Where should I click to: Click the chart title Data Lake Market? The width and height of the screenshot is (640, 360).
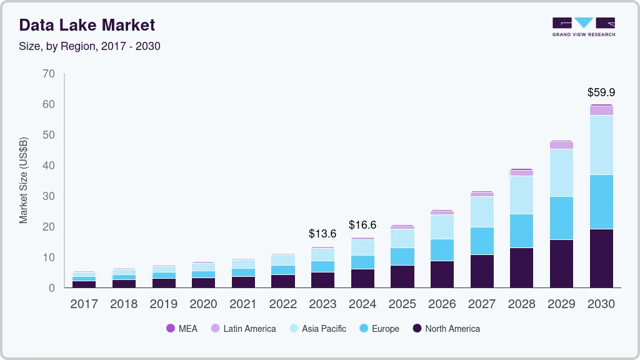(87, 25)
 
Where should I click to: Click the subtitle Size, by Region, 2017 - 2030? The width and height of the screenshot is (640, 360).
(89, 46)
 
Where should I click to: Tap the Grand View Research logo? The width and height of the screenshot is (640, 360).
(583, 26)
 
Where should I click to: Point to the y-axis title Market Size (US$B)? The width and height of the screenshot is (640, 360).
(24, 180)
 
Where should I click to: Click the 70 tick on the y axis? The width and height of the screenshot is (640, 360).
(48, 74)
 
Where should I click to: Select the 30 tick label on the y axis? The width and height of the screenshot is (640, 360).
(48, 196)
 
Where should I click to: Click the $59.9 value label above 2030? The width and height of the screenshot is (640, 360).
(601, 92)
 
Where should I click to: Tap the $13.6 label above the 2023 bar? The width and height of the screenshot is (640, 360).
(322, 234)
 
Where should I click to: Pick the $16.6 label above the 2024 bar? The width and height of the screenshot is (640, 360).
(362, 224)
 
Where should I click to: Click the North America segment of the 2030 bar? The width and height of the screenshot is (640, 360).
(601, 258)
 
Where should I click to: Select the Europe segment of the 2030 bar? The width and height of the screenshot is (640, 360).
(601, 202)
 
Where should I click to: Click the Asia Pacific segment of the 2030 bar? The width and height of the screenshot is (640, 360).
(601, 145)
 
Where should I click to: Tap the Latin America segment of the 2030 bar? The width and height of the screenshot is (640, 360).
(601, 111)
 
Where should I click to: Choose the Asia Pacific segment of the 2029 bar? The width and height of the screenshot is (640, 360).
(561, 172)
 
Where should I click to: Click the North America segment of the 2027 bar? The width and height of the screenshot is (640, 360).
(482, 271)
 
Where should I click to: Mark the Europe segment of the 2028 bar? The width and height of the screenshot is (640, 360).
(521, 231)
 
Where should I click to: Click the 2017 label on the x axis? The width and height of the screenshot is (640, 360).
(84, 304)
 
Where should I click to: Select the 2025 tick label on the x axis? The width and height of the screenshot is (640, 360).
(402, 304)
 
